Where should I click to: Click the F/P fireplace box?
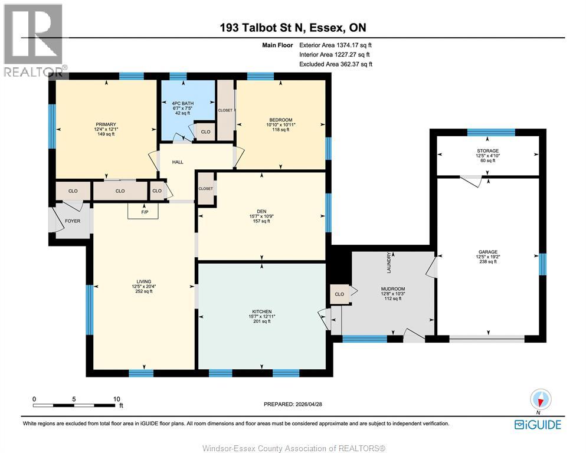pos(143,211)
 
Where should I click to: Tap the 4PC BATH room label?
pos(183,103)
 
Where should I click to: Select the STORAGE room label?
pos(487,151)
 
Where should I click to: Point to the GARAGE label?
pos(488,252)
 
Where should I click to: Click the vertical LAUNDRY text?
pos(389,262)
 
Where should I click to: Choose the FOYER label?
pos(73,221)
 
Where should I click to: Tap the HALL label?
pos(178,162)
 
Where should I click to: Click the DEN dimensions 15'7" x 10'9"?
pos(261,216)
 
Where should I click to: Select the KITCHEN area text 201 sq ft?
pos(261,321)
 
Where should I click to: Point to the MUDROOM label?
pos(393,289)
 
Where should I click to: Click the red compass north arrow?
pos(540,402)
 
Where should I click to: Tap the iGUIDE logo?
pos(538,425)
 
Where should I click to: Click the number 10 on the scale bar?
pos(117,399)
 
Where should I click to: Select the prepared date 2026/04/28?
pos(309,404)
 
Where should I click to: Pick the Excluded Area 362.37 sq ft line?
pos(336,64)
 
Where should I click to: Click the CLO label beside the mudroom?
pos(339,294)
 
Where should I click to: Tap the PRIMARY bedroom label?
pos(106,124)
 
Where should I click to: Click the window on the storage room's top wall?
pos(491,132)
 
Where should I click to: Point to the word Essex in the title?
pos(326,28)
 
